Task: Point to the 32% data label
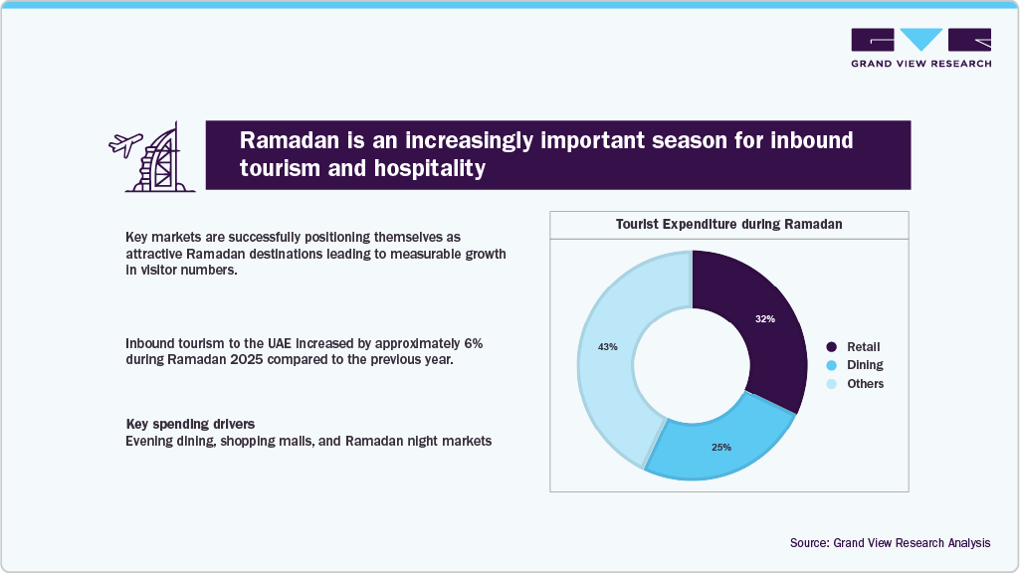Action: [x=764, y=319]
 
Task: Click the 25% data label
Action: [x=721, y=448]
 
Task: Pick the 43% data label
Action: [x=607, y=347]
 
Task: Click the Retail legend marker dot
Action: [x=831, y=347]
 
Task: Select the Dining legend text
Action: [x=865, y=365]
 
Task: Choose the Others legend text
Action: [x=865, y=384]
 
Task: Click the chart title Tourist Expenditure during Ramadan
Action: [x=728, y=225]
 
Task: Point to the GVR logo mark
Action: [x=920, y=40]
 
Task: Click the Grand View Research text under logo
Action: [x=920, y=64]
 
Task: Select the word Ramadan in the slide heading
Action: [x=283, y=140]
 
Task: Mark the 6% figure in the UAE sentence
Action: [x=474, y=342]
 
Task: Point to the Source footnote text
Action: [x=890, y=543]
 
